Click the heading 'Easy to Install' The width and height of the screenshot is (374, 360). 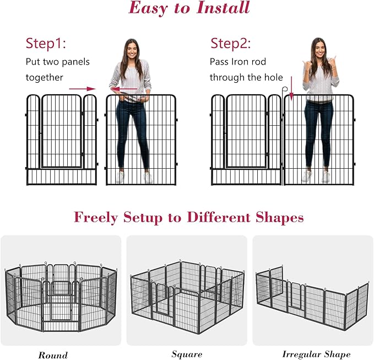click(x=189, y=8)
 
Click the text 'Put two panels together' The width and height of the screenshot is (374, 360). click(x=57, y=69)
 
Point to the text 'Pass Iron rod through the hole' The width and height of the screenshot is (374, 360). click(x=246, y=69)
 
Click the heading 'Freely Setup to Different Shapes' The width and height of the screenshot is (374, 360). click(x=189, y=217)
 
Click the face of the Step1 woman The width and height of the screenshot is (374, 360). click(x=131, y=50)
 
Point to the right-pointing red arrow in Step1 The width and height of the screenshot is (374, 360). click(x=82, y=88)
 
